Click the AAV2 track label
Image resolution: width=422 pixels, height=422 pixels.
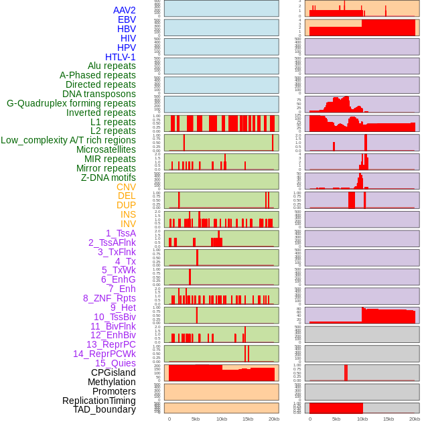(125, 10)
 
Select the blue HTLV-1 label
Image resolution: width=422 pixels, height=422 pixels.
(121, 57)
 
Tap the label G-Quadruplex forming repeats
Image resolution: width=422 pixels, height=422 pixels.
(71, 103)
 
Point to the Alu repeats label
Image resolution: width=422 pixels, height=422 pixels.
(112, 66)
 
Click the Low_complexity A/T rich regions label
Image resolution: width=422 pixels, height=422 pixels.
(68, 140)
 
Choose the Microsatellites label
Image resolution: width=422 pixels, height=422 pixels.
(106, 149)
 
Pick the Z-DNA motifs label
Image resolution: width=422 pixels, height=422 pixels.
(109, 178)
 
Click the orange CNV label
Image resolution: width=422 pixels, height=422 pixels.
(126, 187)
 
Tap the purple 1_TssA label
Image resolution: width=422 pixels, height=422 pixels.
(121, 233)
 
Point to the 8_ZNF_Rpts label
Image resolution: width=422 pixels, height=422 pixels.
(109, 298)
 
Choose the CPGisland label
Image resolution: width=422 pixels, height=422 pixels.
(113, 372)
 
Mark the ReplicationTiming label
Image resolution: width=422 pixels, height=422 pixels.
(98, 401)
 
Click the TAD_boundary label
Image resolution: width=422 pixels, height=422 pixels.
(104, 409)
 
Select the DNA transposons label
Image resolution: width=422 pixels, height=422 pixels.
(99, 94)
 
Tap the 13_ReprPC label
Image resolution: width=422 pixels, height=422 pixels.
(111, 344)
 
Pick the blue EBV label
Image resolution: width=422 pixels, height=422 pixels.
(127, 19)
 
